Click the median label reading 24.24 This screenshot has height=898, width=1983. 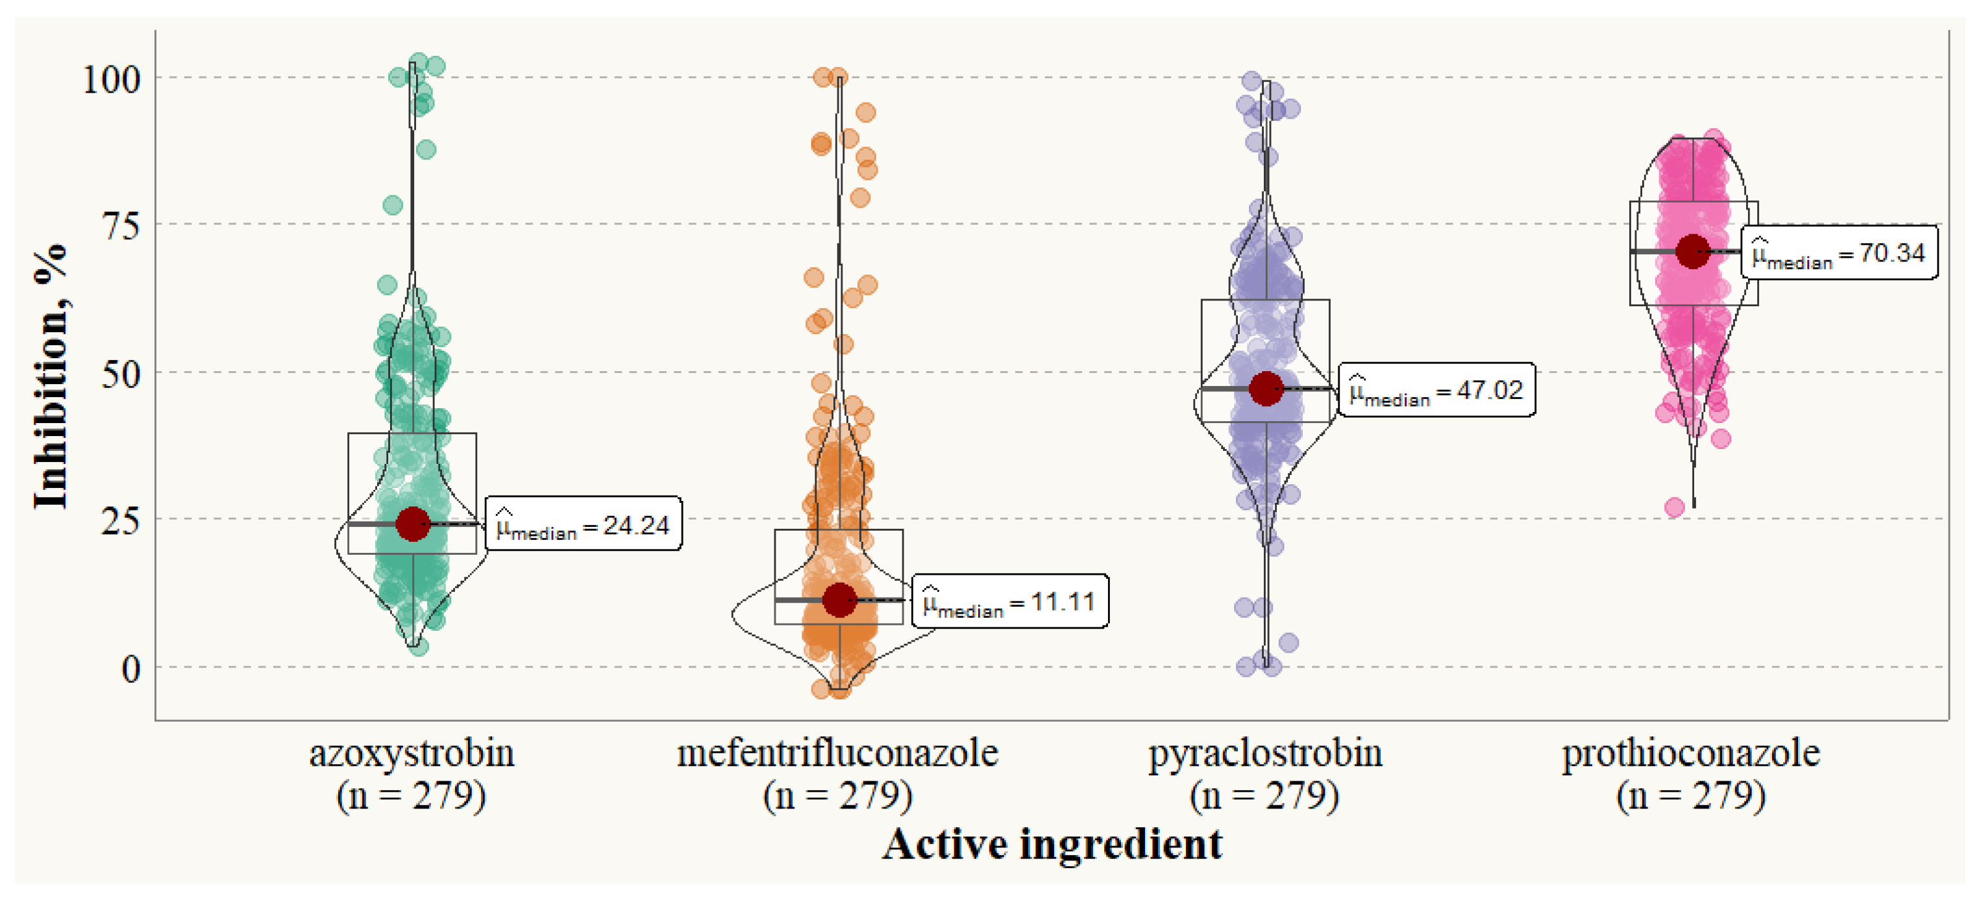click(x=584, y=524)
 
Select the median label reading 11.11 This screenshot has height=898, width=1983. click(x=1010, y=601)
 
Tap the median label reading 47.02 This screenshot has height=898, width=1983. click(x=1436, y=389)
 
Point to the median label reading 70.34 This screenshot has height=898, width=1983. click(x=1839, y=252)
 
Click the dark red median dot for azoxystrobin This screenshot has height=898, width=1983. click(x=413, y=524)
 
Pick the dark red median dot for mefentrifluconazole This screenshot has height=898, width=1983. click(x=839, y=600)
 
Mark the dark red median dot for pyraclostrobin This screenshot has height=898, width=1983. click(x=1266, y=389)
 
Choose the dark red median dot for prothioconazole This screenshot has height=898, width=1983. click(x=1692, y=252)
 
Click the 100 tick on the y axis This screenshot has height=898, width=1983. click(x=112, y=79)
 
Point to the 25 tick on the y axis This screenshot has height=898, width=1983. click(x=121, y=522)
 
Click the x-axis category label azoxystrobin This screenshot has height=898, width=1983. click(x=412, y=753)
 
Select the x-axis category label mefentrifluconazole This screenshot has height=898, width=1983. click(x=837, y=753)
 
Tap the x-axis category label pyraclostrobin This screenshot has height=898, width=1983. click(x=1265, y=753)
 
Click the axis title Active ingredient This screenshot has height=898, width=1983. click(x=1052, y=845)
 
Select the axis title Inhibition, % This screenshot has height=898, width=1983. click(x=51, y=377)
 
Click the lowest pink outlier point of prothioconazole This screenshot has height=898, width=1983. click(x=1674, y=507)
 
